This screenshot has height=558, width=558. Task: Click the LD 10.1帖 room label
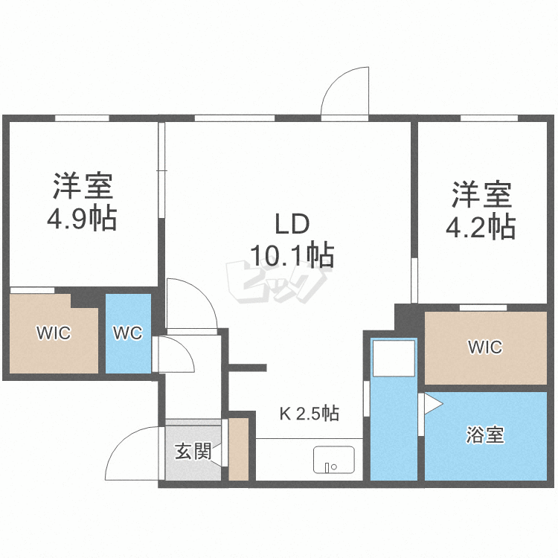[292, 239]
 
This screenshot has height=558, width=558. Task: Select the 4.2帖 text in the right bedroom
[481, 227]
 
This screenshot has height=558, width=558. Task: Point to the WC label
[127, 333]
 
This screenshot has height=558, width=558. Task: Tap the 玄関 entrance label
[193, 451]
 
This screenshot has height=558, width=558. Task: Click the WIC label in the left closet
[54, 333]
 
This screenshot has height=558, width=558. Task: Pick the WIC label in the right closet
[485, 347]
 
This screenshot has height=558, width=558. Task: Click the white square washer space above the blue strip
[394, 359]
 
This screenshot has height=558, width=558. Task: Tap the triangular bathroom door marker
[432, 404]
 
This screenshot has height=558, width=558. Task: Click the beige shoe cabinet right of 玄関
[238, 449]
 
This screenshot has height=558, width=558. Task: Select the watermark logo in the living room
[275, 283]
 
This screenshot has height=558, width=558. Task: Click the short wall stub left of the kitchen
[248, 367]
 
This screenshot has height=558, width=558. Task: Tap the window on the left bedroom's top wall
[82, 118]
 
